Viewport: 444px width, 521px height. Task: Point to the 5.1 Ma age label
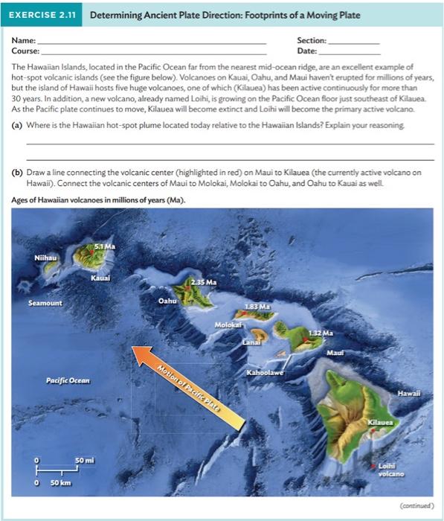pyautogui.click(x=104, y=246)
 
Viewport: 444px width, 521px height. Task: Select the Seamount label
pyautogui.click(x=45, y=304)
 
